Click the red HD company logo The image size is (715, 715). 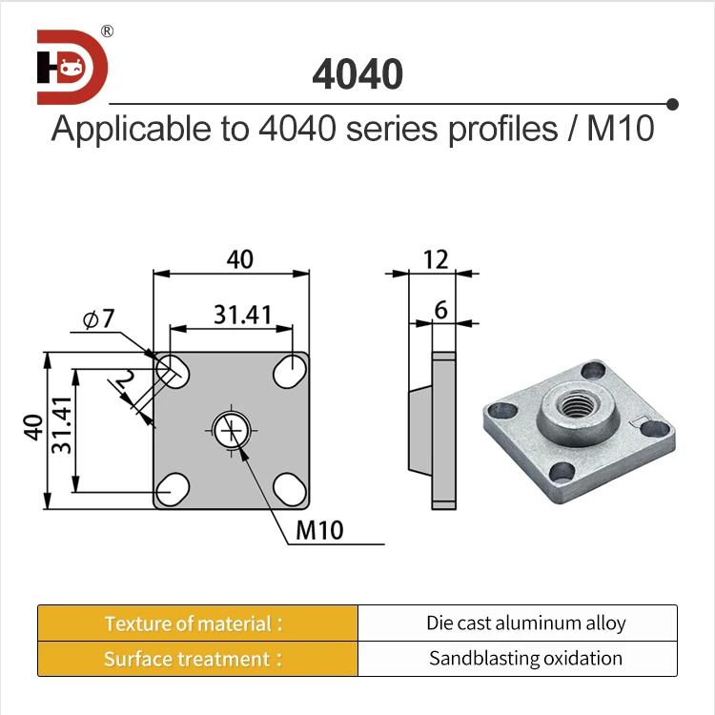(72, 67)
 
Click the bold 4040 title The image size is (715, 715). (357, 74)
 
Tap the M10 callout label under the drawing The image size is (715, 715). (319, 531)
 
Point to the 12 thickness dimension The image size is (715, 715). (436, 258)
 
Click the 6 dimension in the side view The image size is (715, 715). (440, 309)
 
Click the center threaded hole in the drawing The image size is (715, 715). (231, 431)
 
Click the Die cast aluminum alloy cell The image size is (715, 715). (525, 623)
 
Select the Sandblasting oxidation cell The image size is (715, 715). (525, 659)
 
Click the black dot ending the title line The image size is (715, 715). (672, 103)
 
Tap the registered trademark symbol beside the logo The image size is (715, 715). (108, 31)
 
